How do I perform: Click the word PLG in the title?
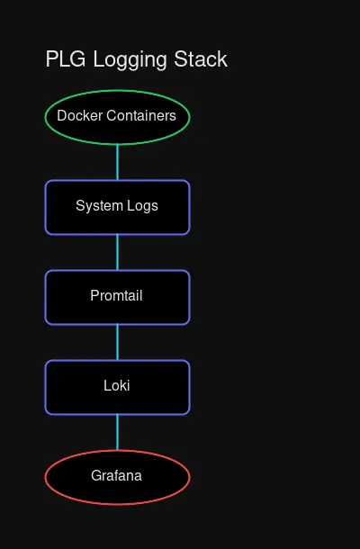point(63,59)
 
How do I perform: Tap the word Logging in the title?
point(124,60)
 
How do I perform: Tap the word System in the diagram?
point(98,205)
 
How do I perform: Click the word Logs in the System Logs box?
point(141,205)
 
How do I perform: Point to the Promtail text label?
point(117,295)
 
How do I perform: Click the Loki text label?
point(117,385)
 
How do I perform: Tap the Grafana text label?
point(117,475)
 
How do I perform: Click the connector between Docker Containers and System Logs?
point(117,162)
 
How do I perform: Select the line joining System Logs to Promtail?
point(117,252)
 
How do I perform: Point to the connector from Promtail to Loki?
point(117,342)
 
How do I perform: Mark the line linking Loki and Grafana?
point(117,432)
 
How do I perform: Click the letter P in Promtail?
point(94,295)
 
